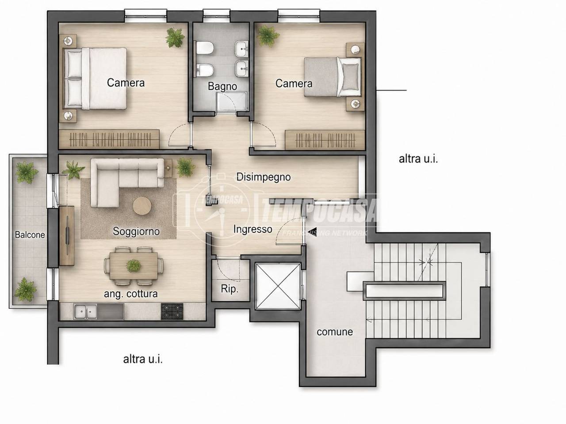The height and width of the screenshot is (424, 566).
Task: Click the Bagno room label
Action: pos(222,86)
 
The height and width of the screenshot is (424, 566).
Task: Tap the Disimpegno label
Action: pos(263,177)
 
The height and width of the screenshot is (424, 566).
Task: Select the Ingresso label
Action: pos(252,229)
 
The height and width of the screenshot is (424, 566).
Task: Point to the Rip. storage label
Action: pos(229,289)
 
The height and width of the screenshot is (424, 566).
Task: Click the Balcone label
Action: pos(30,235)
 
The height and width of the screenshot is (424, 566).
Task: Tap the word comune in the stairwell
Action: pos(335,332)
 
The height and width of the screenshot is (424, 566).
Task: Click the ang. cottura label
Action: pos(131,294)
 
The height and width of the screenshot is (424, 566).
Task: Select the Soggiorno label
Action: pos(136,231)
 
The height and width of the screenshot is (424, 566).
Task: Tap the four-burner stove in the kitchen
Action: pos(172,311)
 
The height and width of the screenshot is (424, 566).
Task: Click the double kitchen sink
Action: pos(85,311)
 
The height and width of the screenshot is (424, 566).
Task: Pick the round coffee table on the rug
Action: pos(142,206)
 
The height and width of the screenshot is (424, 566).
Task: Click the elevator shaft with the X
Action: pos(278,286)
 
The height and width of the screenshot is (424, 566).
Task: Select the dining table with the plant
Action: pos(134,266)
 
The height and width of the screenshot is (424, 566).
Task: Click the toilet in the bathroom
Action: pos(204,48)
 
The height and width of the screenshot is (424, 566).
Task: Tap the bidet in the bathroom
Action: pos(204,70)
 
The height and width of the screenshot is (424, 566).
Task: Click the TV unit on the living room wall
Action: pos(67,235)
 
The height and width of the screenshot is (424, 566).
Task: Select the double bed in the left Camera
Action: pos(95,78)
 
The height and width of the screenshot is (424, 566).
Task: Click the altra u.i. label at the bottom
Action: pos(143,359)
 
